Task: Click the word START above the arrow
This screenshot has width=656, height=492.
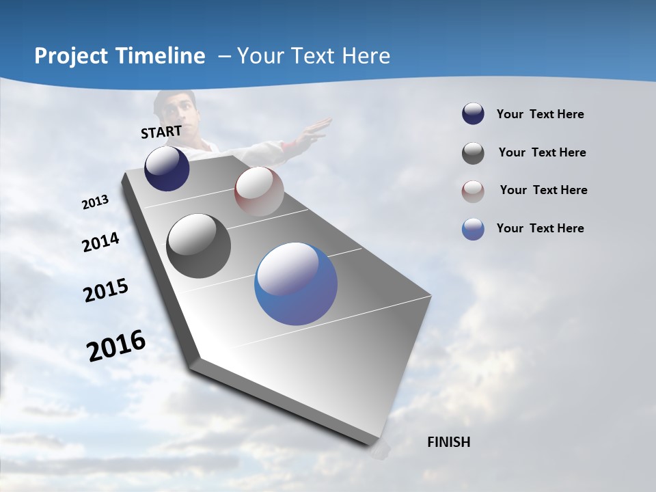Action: pyautogui.click(x=161, y=132)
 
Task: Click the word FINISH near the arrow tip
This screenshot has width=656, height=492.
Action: pyautogui.click(x=448, y=442)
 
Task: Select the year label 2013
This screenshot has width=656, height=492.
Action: pyautogui.click(x=95, y=202)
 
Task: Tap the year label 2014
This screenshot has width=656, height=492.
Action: pyautogui.click(x=100, y=243)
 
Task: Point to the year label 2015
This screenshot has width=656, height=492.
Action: pyautogui.click(x=106, y=290)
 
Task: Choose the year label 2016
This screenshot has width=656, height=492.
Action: pyautogui.click(x=116, y=346)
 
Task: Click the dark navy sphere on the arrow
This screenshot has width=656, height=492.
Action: pyautogui.click(x=167, y=168)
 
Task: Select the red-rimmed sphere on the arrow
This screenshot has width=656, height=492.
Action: pyautogui.click(x=259, y=191)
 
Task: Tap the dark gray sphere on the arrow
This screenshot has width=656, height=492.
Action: pyautogui.click(x=198, y=246)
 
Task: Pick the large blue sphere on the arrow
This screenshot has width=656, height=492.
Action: pyautogui.click(x=296, y=284)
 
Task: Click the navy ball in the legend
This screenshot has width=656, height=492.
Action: pyautogui.click(x=473, y=114)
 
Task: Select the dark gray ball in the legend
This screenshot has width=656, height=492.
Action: pyautogui.click(x=473, y=153)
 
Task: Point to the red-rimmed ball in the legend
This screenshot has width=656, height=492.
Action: pyautogui.click(x=473, y=191)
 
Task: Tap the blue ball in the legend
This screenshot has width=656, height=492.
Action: pyautogui.click(x=473, y=229)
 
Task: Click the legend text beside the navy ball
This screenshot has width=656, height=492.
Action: pyautogui.click(x=540, y=114)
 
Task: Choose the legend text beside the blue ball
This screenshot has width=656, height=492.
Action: pyautogui.click(x=540, y=228)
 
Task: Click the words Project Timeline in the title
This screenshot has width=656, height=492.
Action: pyautogui.click(x=120, y=56)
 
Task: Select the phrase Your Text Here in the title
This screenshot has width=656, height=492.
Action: pyautogui.click(x=314, y=56)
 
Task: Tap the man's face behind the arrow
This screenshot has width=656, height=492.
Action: pyautogui.click(x=176, y=109)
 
